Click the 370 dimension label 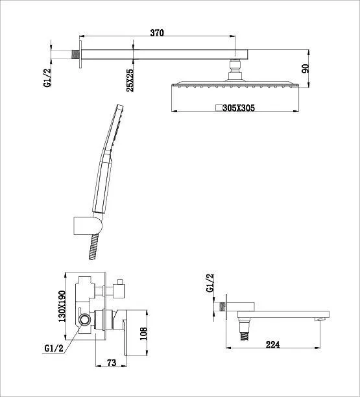157,32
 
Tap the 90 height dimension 306,69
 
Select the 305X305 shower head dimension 239,108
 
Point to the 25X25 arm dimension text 130,80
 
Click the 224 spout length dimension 272,344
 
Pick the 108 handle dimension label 143,334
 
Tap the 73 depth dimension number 112,363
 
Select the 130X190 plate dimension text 62,306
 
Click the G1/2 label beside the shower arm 47,78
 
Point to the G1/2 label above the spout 210,283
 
